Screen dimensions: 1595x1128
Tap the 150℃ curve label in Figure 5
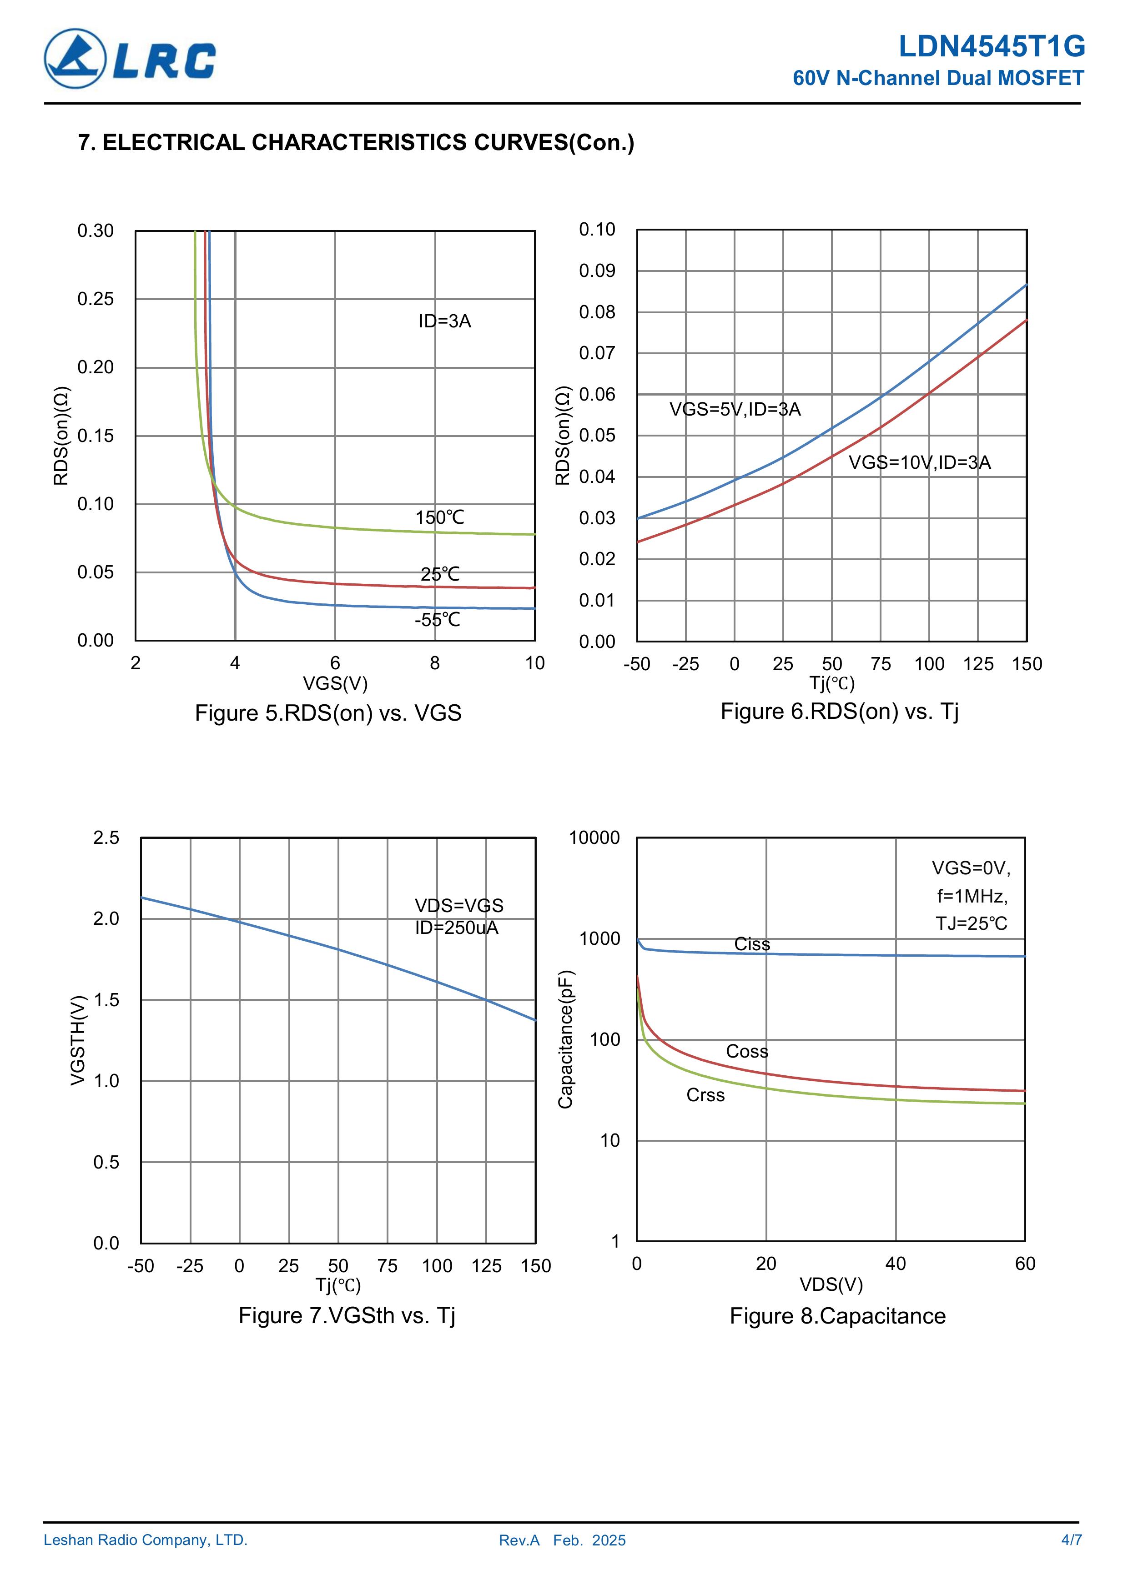tap(439, 517)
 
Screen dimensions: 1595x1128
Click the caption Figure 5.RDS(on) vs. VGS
tap(327, 713)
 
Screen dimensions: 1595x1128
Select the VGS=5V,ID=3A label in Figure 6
tap(735, 409)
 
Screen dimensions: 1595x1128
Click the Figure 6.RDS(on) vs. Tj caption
tap(839, 712)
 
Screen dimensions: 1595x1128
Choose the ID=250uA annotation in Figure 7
tap(457, 928)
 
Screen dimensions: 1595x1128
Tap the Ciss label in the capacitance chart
tap(752, 944)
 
